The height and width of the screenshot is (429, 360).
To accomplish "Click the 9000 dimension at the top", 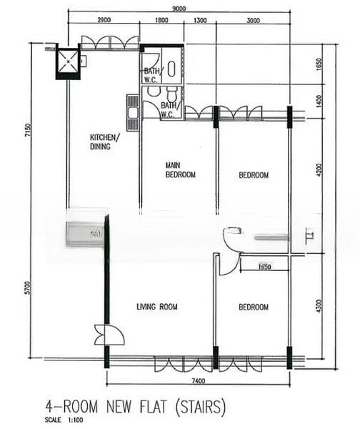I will point(179,7).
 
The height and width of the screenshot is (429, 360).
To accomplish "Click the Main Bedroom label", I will point(180,169).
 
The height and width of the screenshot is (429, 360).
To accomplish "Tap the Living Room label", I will point(157,307).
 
